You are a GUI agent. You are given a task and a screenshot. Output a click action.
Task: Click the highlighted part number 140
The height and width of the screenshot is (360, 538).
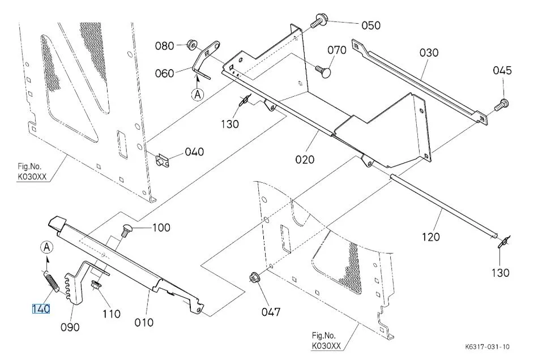[41, 309]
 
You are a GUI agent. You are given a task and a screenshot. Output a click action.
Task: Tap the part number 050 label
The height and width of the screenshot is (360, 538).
[371, 25]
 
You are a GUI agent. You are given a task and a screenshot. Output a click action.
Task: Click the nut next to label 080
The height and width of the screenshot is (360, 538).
[192, 44]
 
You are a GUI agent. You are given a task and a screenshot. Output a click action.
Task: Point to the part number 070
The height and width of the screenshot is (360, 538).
[336, 50]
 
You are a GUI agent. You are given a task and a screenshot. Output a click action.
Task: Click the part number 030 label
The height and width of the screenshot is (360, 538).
[429, 53]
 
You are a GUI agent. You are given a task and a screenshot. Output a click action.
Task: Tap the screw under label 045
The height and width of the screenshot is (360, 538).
[502, 104]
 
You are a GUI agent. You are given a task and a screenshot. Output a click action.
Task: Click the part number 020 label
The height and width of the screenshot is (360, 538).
[304, 160]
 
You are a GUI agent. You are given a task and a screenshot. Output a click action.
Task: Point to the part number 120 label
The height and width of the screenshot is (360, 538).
[430, 237]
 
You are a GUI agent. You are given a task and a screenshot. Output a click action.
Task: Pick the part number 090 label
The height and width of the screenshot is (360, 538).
[71, 327]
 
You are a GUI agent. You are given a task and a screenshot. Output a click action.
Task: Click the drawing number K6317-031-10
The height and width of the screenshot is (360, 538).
[488, 347]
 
